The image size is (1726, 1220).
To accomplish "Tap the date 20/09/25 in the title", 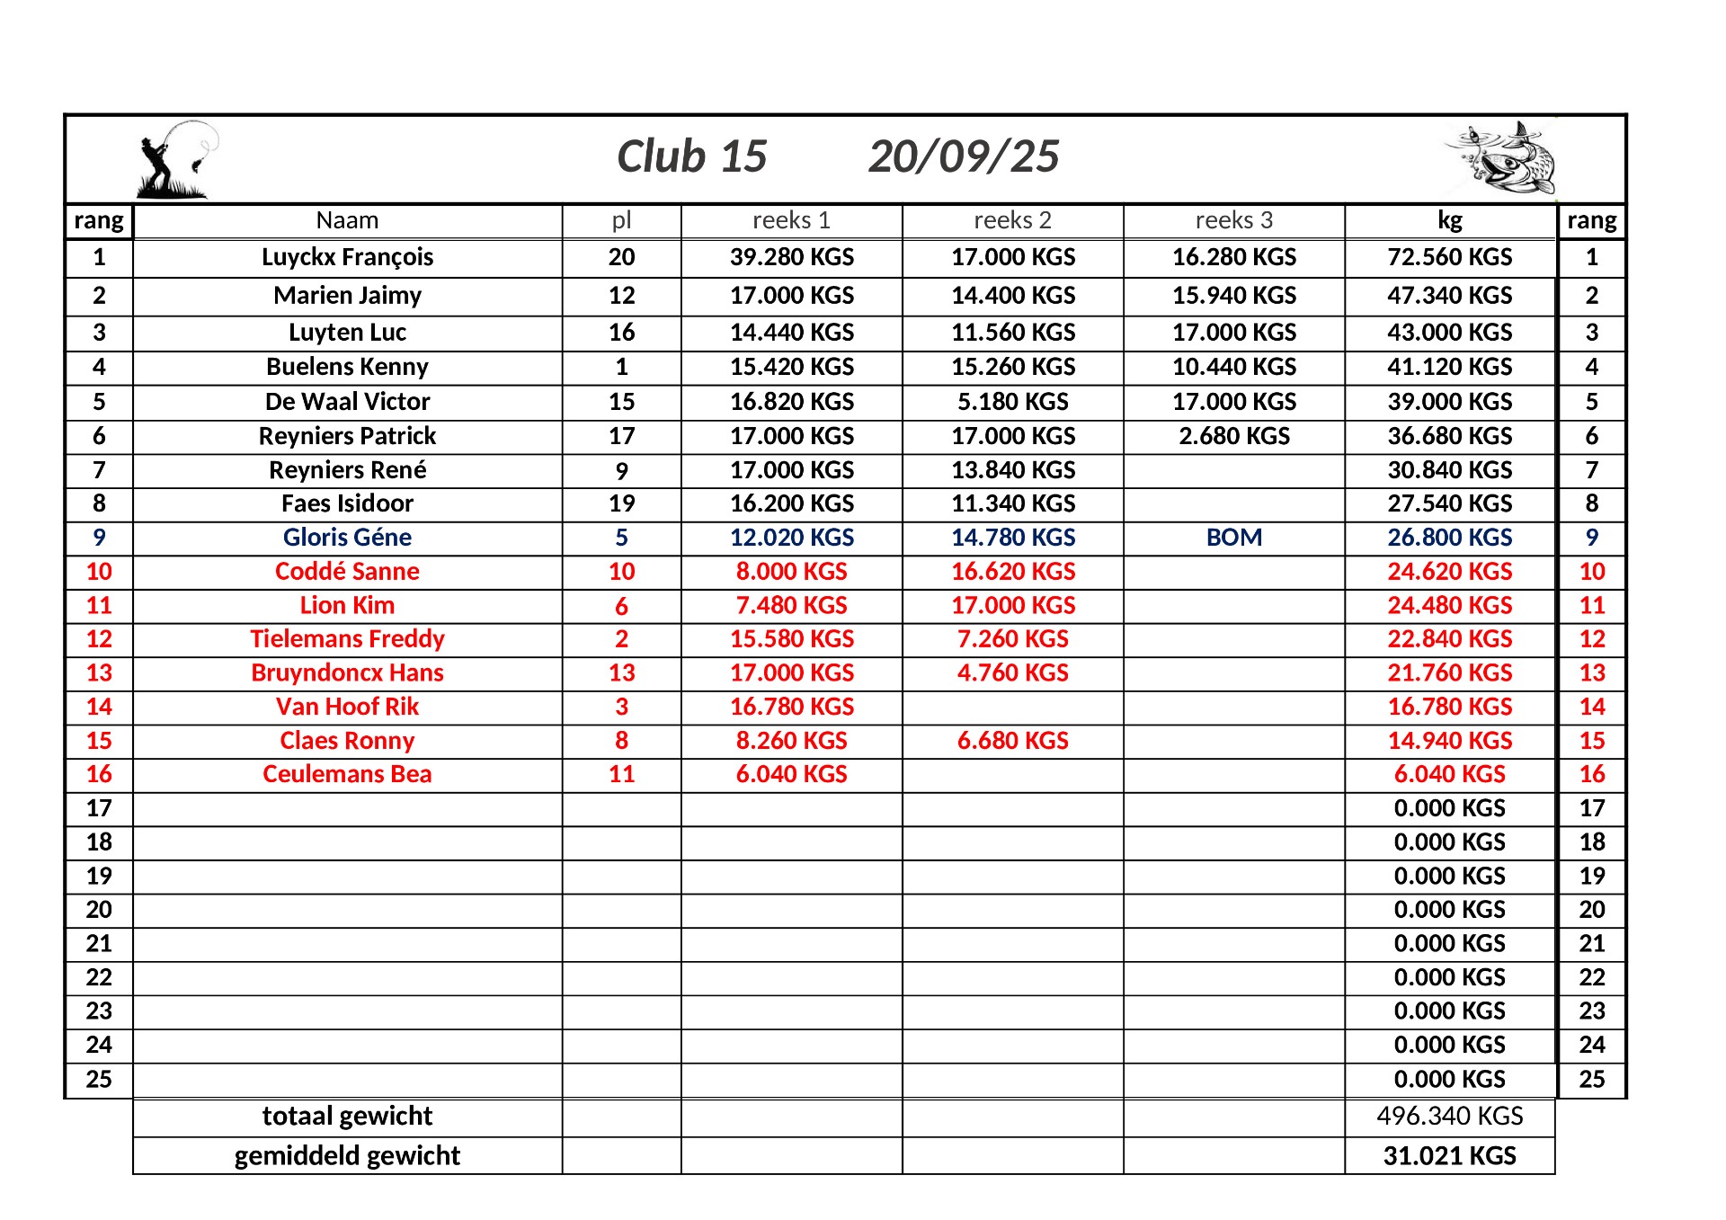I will tap(964, 157).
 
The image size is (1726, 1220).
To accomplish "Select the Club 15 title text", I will tap(691, 157).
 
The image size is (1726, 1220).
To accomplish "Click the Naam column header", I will tap(347, 221).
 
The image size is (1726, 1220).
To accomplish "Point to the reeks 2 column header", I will tap(1012, 221).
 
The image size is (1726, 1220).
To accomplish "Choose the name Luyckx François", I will tap(347, 258).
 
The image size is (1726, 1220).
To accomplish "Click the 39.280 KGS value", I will tap(791, 258).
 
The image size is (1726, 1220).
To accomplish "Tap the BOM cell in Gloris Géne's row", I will tap(1233, 538).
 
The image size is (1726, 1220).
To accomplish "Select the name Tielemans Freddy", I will tap(347, 639).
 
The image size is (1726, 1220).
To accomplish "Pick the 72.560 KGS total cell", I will tap(1449, 258).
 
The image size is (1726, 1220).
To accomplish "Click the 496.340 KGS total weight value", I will tap(1449, 1117).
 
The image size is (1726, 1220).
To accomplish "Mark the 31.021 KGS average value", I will tap(1449, 1156).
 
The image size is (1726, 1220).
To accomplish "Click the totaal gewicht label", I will tap(347, 1117).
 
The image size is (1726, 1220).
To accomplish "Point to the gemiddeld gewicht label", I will tap(347, 1156).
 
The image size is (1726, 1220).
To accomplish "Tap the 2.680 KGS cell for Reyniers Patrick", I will tap(1233, 437).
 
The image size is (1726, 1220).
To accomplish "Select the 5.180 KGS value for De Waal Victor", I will tap(1012, 402).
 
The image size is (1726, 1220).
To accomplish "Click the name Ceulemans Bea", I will tap(347, 774).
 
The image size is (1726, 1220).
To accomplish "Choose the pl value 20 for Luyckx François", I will tap(621, 258).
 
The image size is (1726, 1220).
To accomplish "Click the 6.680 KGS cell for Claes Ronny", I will tap(1012, 741).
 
